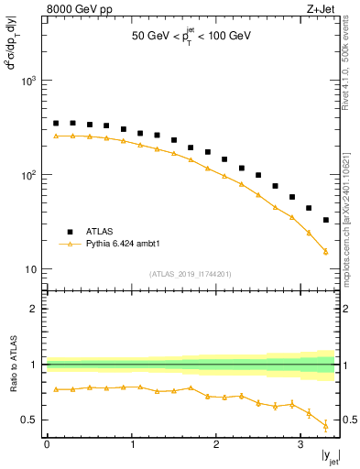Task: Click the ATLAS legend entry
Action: coord(102,232)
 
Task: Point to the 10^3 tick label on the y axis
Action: coord(28,81)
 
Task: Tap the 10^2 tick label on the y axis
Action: coord(28,175)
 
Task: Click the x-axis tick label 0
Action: coord(47,445)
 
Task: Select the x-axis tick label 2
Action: coord(215,445)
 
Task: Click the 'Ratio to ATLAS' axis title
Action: coord(12,364)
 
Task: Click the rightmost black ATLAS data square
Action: coord(326,220)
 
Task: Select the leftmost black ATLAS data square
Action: coord(56,123)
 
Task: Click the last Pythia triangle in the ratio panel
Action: coord(326,425)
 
